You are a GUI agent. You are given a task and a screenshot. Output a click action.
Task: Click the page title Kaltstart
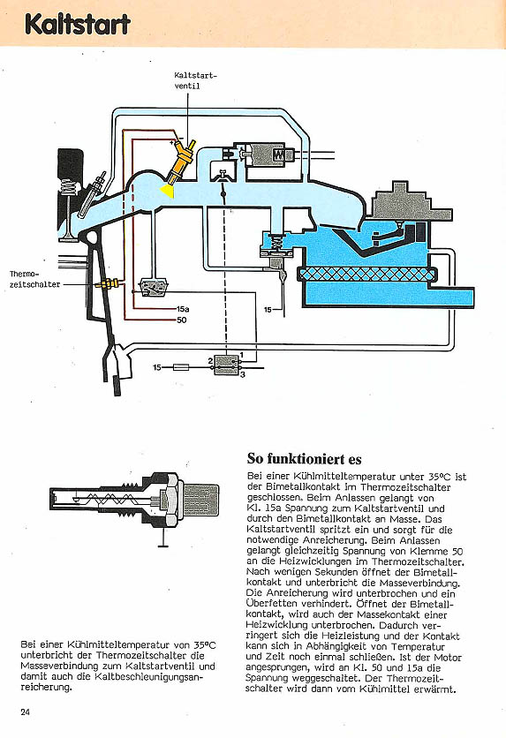tap(77, 25)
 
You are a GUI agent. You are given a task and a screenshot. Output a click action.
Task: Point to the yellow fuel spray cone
tap(167, 190)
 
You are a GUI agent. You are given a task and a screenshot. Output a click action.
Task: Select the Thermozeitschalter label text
tap(34, 279)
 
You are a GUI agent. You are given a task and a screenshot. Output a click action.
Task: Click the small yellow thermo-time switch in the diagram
tap(108, 283)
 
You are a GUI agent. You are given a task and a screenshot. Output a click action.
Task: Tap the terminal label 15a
tap(183, 309)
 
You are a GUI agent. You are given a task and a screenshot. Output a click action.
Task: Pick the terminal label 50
tap(182, 320)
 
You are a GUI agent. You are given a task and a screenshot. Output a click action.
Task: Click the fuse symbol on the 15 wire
tap(181, 367)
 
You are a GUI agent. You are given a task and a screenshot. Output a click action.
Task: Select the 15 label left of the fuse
tap(157, 367)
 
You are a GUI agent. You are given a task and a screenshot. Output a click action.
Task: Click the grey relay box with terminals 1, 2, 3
tap(226, 364)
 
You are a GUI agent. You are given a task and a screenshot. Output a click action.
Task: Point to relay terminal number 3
tap(243, 374)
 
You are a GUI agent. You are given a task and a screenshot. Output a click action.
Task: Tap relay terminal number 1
tap(241, 354)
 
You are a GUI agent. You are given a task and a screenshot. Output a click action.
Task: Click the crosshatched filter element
tap(367, 274)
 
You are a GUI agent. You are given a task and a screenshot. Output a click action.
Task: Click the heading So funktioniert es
tap(304, 459)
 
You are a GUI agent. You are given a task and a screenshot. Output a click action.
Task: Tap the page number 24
tap(26, 712)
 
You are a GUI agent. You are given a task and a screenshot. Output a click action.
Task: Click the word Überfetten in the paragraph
tap(265, 604)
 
